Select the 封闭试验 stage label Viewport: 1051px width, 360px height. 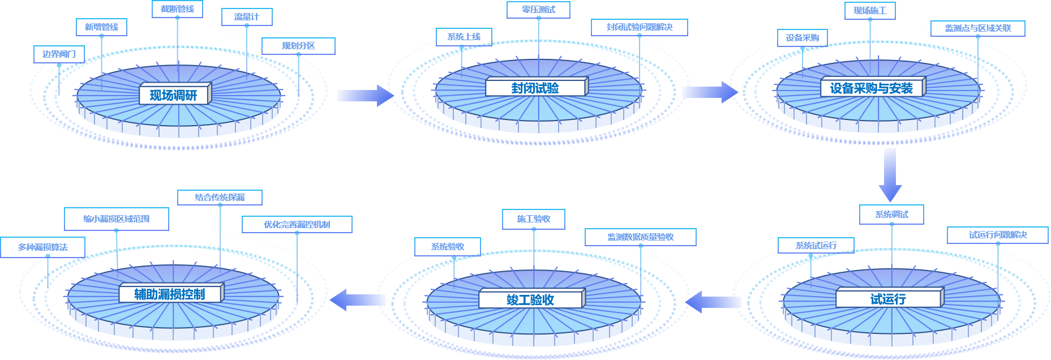(535, 88)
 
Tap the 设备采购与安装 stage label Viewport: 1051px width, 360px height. (872, 88)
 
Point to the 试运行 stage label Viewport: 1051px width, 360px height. (888, 299)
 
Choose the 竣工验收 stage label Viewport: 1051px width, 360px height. (530, 299)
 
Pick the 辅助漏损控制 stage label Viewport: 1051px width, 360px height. (170, 294)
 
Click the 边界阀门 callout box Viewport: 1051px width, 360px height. (59, 54)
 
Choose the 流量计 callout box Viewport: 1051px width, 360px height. (247, 17)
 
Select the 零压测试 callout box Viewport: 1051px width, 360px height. (538, 10)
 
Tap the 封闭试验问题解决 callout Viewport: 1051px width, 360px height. (640, 27)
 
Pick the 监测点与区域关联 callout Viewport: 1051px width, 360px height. (977, 28)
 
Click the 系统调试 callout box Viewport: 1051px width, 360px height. (891, 215)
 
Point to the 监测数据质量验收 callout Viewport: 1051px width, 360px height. (641, 237)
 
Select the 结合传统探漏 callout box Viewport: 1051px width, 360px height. (220, 198)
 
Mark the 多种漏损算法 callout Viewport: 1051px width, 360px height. (43, 247)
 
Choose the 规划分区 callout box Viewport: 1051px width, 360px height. (298, 46)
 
